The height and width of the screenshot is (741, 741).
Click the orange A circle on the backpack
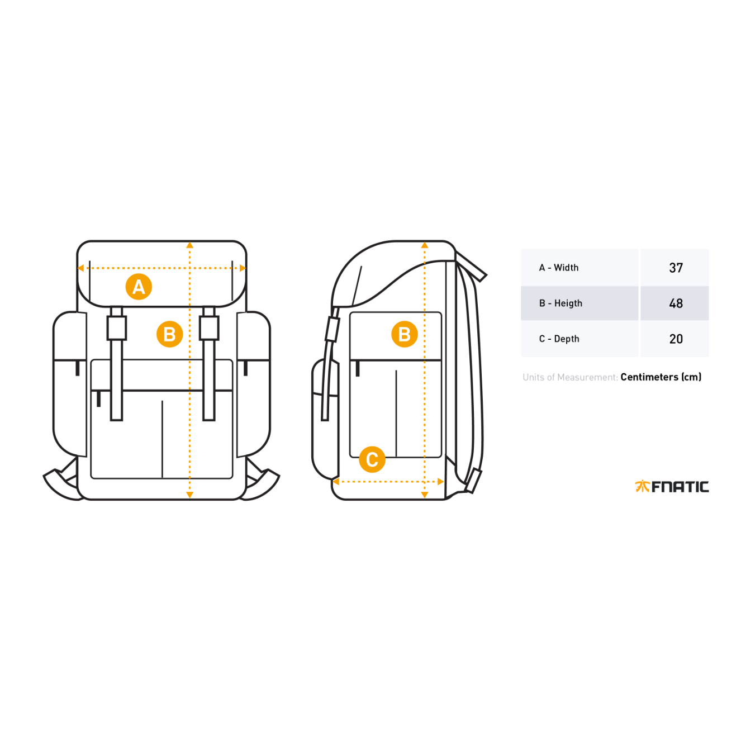139,287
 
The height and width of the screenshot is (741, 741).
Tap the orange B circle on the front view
169,334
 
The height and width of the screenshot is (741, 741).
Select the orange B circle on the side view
404,334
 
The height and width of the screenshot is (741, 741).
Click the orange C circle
372,459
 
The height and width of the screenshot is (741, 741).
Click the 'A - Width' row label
558,267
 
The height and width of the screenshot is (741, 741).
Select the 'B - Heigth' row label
560,303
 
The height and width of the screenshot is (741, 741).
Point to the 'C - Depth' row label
559,339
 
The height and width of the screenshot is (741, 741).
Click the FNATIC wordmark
680,486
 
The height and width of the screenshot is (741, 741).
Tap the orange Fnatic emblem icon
642,486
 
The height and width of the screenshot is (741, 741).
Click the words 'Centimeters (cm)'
661,377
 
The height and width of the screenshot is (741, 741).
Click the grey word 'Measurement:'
587,377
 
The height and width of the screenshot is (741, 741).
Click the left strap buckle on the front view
116,328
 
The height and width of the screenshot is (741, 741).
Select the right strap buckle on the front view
209,328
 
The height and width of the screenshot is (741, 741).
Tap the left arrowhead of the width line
80,268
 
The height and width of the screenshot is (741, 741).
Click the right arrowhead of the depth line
441,482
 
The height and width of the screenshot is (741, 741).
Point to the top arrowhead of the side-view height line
425,245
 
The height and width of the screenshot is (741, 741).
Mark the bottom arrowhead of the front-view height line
189,495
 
